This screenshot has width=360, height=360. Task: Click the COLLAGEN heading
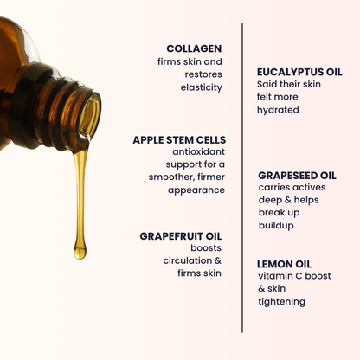[x=194, y=48]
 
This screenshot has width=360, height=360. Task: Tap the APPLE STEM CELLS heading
[x=179, y=138]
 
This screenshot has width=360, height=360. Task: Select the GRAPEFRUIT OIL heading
[x=181, y=235]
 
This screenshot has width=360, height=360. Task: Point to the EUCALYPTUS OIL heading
[x=299, y=72]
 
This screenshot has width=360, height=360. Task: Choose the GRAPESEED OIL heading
[x=297, y=175]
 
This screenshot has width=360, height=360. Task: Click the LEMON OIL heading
[x=284, y=264]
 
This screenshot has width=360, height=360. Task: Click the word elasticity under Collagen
[x=202, y=87]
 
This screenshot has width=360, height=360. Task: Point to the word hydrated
[x=278, y=110]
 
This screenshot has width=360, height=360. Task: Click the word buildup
[x=276, y=225]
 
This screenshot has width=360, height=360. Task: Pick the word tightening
[x=282, y=301]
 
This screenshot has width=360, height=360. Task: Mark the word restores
[x=203, y=74]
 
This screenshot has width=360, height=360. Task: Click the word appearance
[x=196, y=190]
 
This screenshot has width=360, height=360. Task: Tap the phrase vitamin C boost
[x=294, y=276]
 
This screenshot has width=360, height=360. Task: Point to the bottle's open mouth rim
[x=89, y=116]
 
